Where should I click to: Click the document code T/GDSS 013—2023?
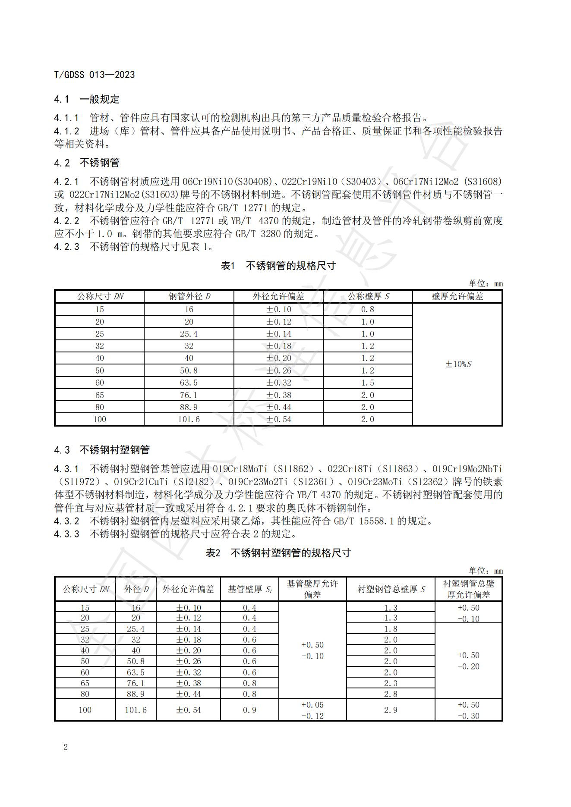coord(94,75)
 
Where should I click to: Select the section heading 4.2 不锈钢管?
coord(86,163)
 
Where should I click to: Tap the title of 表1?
coord(278,266)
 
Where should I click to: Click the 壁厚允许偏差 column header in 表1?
coord(457,296)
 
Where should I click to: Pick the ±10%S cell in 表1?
coord(458,364)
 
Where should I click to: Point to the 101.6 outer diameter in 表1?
coord(189,419)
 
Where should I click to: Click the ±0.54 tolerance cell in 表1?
coord(278,419)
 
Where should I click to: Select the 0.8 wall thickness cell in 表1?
coord(367,309)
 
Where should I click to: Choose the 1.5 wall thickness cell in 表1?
coord(367,383)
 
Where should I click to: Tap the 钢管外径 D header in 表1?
coord(189,296)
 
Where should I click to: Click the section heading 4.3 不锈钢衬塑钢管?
coord(101,450)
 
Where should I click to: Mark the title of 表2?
coord(278,553)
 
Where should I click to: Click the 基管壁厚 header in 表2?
coord(249,589)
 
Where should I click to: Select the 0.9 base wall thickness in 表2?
coord(249,710)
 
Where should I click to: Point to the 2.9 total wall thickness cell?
coord(390,710)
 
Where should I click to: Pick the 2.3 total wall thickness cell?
coord(390,683)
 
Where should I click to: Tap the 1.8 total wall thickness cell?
coord(390,629)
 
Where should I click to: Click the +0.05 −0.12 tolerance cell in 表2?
coord(312,710)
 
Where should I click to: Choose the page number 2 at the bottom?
coord(66,747)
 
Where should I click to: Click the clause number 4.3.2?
coord(66,521)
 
